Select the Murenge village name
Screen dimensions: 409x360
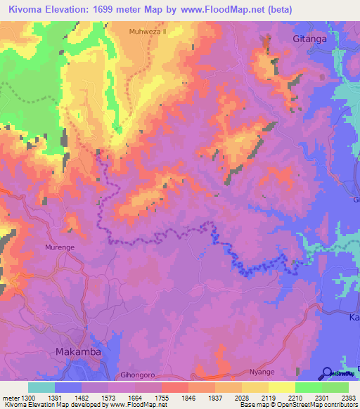click(x=60, y=248)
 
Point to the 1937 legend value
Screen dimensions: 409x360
click(x=215, y=398)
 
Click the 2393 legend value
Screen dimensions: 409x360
click(x=348, y=398)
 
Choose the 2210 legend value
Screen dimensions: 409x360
click(x=295, y=398)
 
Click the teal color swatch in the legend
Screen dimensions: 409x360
click(x=41, y=387)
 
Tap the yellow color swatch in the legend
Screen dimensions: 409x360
click(x=281, y=387)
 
